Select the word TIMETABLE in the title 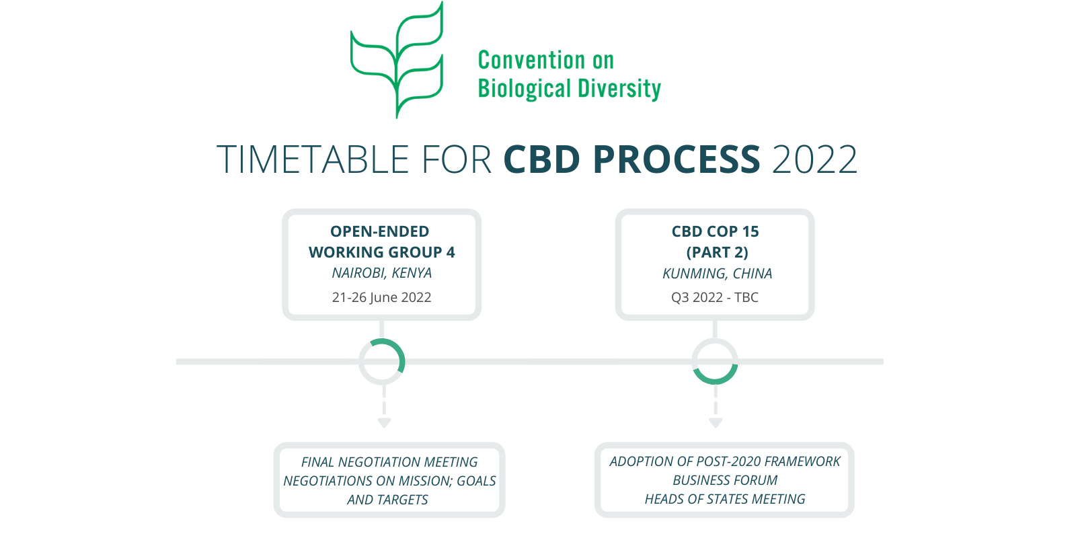(x=313, y=160)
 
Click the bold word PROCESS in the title (x=677, y=160)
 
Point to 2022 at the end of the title (x=814, y=160)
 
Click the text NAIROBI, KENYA (x=381, y=273)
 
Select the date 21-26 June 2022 (x=381, y=297)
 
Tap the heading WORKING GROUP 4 (x=381, y=252)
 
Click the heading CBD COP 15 (x=715, y=231)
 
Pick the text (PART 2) (x=717, y=252)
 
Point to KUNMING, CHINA (x=717, y=274)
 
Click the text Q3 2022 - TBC (x=714, y=297)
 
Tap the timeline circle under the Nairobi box (x=382, y=362)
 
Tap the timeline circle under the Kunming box (x=715, y=362)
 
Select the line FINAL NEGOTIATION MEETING (x=389, y=462)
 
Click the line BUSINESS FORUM (x=725, y=480)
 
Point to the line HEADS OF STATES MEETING (x=725, y=499)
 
